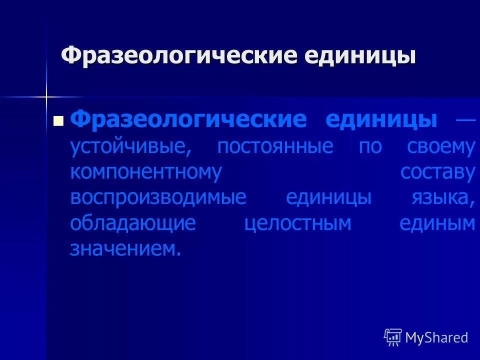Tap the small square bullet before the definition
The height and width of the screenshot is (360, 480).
click(x=58, y=121)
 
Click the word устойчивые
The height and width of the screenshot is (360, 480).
click(x=130, y=146)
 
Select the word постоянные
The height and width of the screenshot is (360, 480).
click(x=275, y=146)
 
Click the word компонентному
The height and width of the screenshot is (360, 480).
click(x=146, y=172)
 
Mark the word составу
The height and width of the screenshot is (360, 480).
click(x=437, y=172)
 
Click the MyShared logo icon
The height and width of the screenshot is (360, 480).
click(x=393, y=337)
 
